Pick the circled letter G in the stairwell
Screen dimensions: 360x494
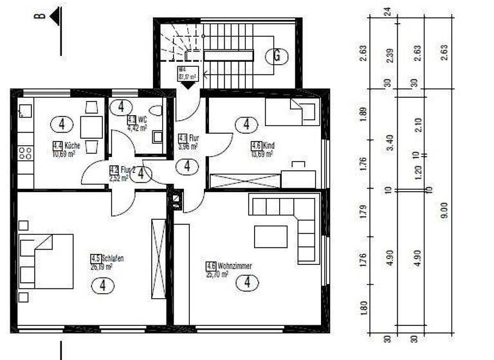277,56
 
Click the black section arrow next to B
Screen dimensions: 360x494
55,15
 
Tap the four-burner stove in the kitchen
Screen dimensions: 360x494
26,153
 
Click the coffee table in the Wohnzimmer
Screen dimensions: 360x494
271,237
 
